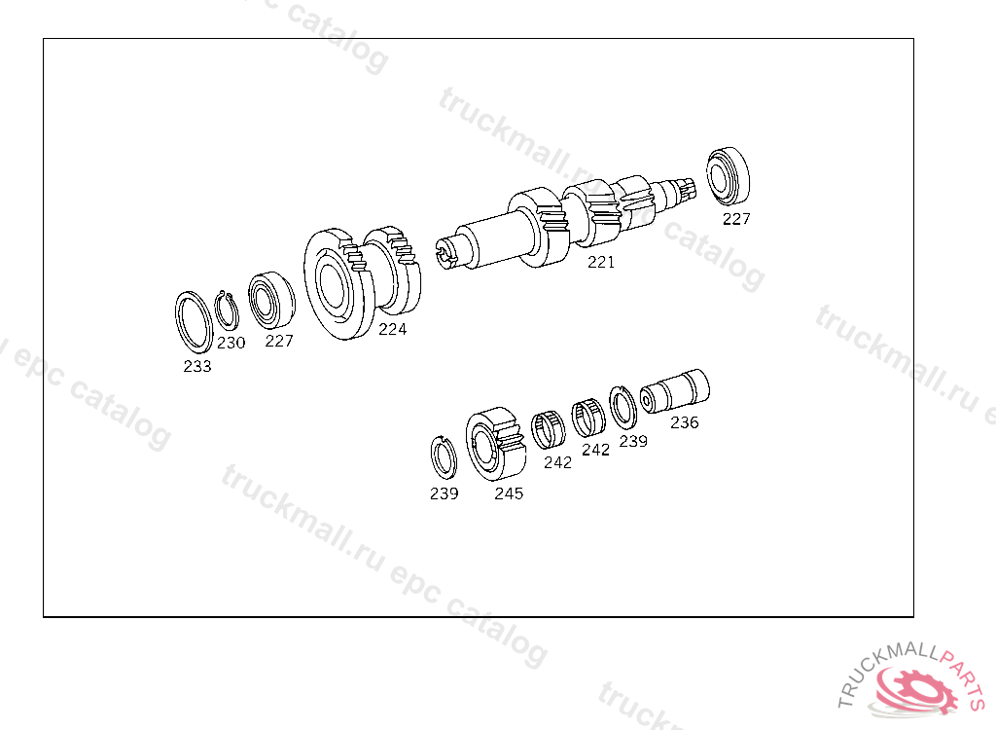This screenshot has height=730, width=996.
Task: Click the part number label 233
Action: pyautogui.click(x=196, y=366)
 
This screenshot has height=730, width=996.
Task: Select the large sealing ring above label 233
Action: pyautogui.click(x=179, y=321)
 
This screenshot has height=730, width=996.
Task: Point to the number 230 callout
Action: pyautogui.click(x=231, y=343)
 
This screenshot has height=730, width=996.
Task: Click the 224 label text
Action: pyautogui.click(x=392, y=329)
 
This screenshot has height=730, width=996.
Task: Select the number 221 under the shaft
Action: pyautogui.click(x=601, y=262)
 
